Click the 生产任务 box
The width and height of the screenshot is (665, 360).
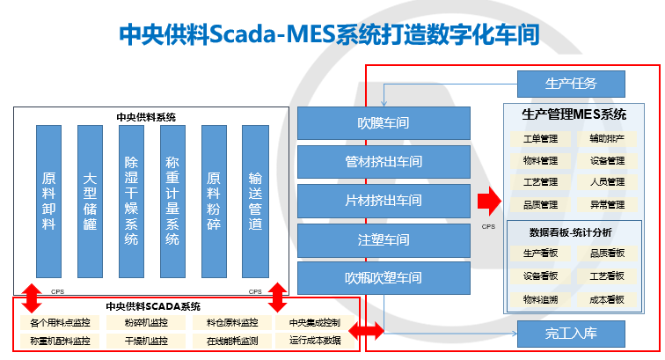coord(570,84)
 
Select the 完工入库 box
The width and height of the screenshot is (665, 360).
coord(570,334)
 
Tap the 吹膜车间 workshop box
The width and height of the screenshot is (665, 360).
coord(376,123)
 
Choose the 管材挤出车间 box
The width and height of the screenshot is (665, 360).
coord(376,162)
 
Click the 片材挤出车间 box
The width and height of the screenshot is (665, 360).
coord(376,201)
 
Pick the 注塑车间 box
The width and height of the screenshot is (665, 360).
coord(376,239)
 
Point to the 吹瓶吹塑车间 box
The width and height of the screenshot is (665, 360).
coord(376,278)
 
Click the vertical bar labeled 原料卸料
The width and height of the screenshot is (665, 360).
coord(49,201)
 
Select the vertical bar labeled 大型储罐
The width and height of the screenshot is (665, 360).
coord(90,201)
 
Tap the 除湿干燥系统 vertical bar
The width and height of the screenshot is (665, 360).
coord(131,201)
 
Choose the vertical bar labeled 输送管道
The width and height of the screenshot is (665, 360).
coord(255,201)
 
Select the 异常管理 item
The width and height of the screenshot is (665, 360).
coord(607,205)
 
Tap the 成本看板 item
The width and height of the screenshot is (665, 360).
coord(607,299)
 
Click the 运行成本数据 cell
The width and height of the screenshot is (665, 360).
coord(314,340)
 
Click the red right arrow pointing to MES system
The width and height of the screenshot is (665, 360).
coord(487,202)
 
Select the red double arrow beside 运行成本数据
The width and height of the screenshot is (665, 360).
coord(368,332)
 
